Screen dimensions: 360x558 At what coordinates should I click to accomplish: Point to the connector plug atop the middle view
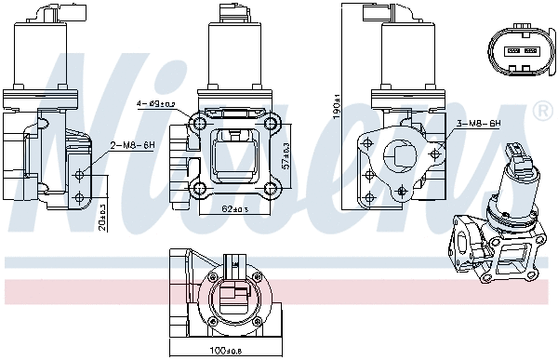click(226, 13)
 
